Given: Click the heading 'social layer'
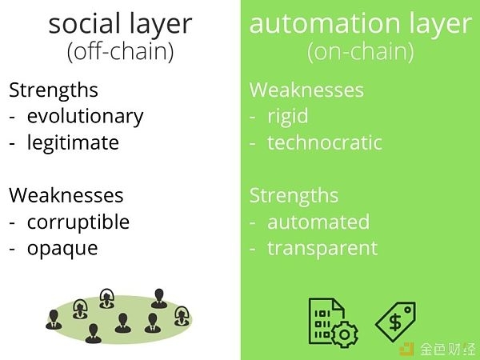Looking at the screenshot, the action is pos(120,25).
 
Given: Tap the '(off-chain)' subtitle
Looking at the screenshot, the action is pos(120,51).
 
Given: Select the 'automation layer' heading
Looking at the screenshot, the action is pos(360,25).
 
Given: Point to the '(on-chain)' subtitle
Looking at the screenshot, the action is pos(360,51).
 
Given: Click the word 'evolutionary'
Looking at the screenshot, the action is pos(85,117).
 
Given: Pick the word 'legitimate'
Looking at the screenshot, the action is pos(73,143).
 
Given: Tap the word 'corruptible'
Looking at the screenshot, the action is pos(78,222).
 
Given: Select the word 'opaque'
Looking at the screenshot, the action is pos(62,249).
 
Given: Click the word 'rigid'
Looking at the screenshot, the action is pos(288,117).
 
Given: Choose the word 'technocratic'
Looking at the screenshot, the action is pos(325,143).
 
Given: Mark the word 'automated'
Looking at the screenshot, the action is pos(318,222).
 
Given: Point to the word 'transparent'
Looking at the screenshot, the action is pos(322,249).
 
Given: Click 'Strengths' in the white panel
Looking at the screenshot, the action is pos(54,90).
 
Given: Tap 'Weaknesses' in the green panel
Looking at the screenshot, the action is pos(306,90).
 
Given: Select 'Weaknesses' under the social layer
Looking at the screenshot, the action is pos(66,195).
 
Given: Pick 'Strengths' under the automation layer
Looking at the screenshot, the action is pos(294,196).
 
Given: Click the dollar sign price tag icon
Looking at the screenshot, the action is pos(395,322).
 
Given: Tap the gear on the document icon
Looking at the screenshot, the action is pos(345,334).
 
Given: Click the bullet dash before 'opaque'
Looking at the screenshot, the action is pos(12,250).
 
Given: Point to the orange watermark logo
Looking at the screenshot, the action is pos(407,349).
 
